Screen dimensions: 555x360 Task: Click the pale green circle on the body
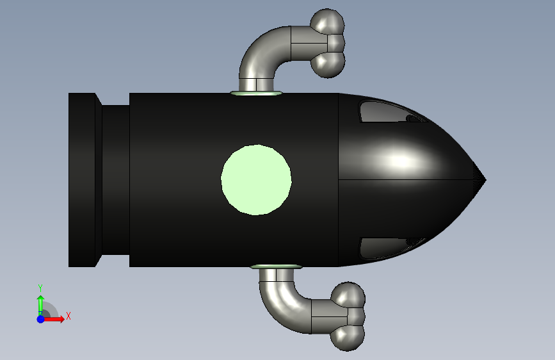[256, 179]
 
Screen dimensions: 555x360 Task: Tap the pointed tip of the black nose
[486, 180]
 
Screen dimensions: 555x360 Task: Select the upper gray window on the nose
[389, 111]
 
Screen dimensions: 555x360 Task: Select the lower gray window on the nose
[389, 248]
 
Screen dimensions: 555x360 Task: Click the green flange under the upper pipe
[256, 93]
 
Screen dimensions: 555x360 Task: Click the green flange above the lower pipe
[276, 266]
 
